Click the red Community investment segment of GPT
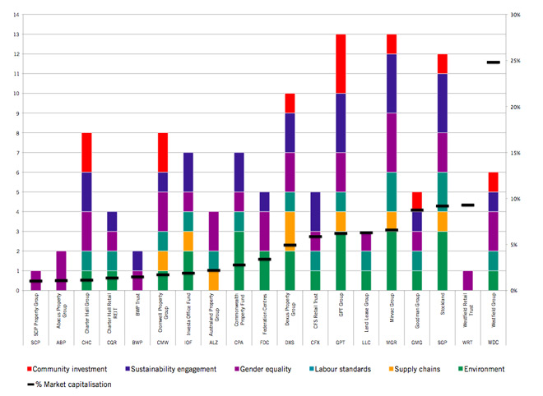[x=341, y=63]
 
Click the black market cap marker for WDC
[x=493, y=62]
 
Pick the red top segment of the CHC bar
[x=86, y=152]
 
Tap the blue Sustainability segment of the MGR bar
[x=392, y=83]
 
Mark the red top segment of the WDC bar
[x=493, y=182]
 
